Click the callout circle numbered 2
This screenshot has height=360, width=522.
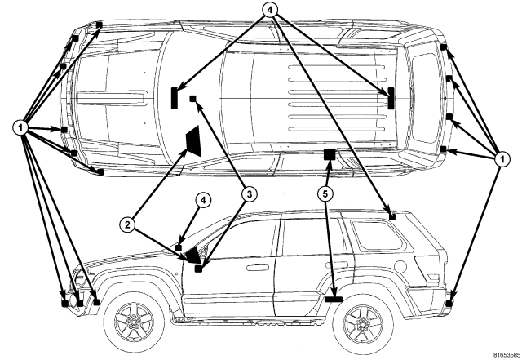[x=127, y=225]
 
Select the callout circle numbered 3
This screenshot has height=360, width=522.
[x=250, y=194]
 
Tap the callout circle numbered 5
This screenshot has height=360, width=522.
[x=325, y=194]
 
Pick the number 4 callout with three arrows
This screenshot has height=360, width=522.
[x=270, y=10]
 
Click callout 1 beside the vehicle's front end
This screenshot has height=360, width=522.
[x=20, y=127]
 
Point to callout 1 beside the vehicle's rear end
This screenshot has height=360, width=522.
[x=502, y=160]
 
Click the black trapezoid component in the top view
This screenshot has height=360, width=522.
[x=194, y=140]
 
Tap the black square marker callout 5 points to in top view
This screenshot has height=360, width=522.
[x=330, y=154]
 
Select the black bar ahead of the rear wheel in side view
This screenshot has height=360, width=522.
[x=334, y=299]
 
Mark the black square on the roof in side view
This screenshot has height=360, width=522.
[x=392, y=217]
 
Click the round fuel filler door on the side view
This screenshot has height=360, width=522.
[x=401, y=266]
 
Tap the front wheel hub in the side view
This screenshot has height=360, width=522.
[x=134, y=322]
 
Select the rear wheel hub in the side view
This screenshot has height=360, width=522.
[x=362, y=323]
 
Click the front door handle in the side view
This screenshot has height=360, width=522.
[x=258, y=267]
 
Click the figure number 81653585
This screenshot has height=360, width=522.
[x=507, y=354]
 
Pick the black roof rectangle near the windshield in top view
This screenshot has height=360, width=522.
[x=174, y=98]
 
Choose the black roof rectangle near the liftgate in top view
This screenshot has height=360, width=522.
[x=391, y=98]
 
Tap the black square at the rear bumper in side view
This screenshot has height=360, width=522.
[x=449, y=304]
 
